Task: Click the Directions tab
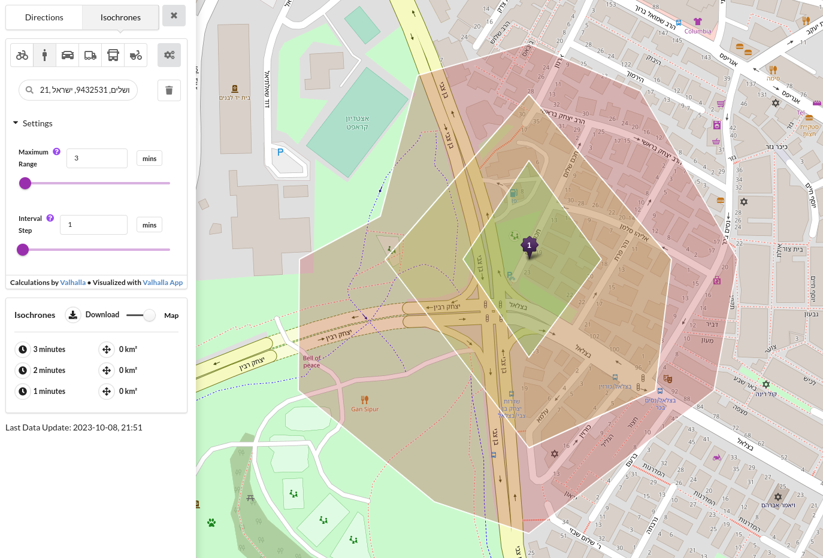[x=44, y=17]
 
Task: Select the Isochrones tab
[x=120, y=17]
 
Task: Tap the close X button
[x=174, y=16]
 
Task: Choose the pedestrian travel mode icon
[x=45, y=55]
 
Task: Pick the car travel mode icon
[x=68, y=55]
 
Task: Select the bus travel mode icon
[x=113, y=55]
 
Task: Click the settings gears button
[x=169, y=55]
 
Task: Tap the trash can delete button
[x=169, y=90]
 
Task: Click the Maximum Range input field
[x=97, y=158]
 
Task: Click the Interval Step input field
[x=93, y=225]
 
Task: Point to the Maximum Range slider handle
[x=25, y=183]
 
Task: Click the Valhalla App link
[x=162, y=283]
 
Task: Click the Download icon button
[x=72, y=315]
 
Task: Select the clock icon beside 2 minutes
[x=23, y=371]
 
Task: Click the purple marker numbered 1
[x=529, y=245]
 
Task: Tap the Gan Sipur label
[x=365, y=410]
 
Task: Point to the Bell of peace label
[x=311, y=362]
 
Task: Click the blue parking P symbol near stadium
[x=280, y=152]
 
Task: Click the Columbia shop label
[x=698, y=31]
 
